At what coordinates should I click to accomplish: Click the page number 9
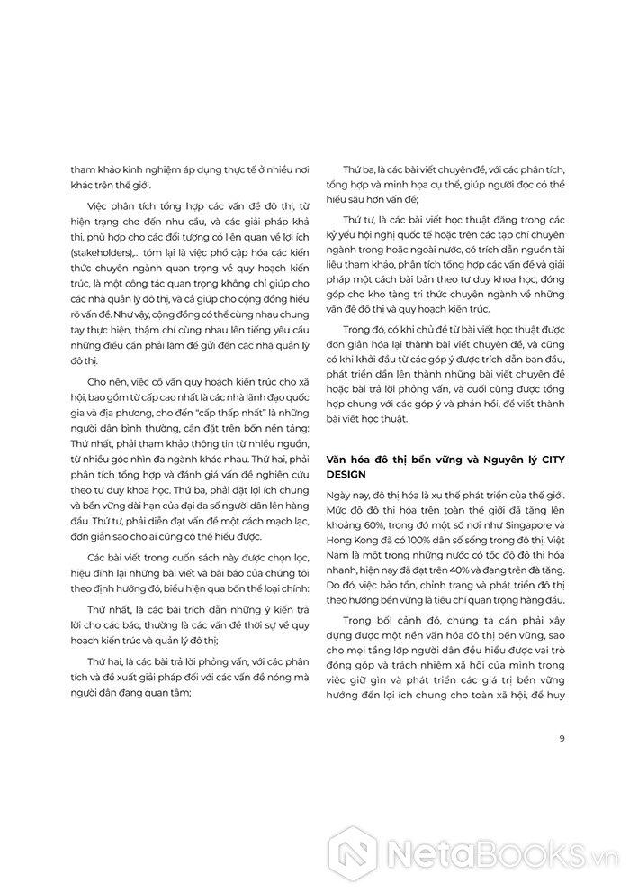click(562, 740)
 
